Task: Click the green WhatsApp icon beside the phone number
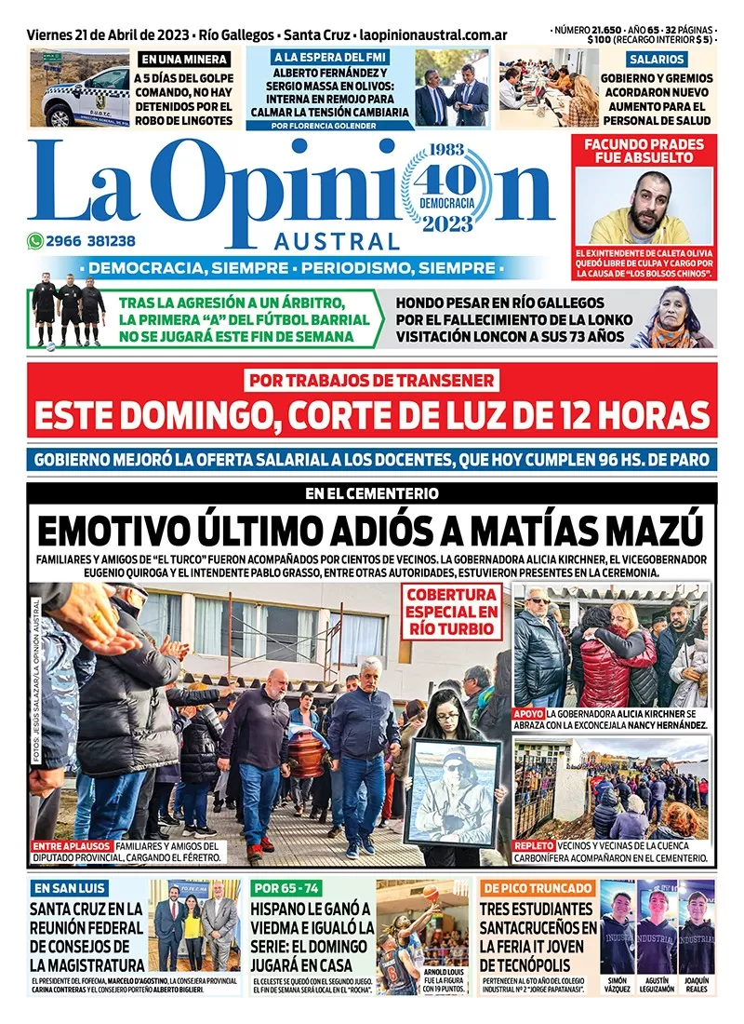[x=35, y=240]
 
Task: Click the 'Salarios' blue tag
[x=656, y=58]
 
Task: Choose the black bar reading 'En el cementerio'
[x=372, y=493]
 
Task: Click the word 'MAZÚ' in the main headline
[x=649, y=531]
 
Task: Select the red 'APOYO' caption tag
[x=529, y=712]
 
